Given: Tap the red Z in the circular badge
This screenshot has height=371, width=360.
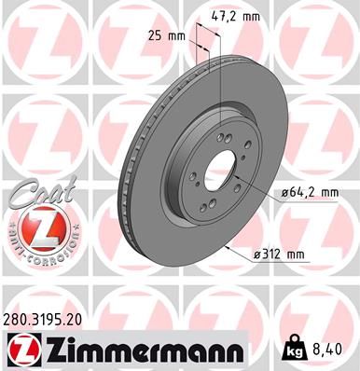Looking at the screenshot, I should (35, 227).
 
